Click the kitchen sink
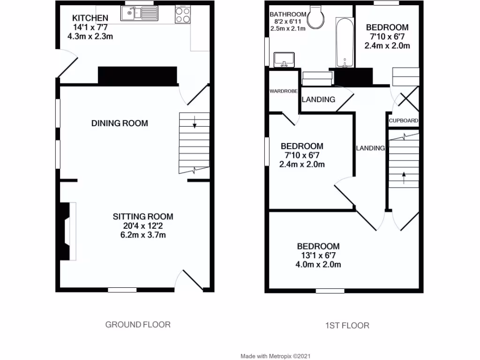[x=134, y=14]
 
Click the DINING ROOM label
[x=120, y=123]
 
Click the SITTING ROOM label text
[x=143, y=217]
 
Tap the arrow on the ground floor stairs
[x=194, y=124]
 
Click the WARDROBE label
[x=284, y=91]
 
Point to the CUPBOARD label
[x=403, y=121]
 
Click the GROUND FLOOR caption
[x=137, y=324]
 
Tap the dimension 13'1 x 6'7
[x=318, y=255]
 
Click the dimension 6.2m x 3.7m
[x=143, y=234]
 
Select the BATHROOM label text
[x=288, y=14]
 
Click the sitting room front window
[x=122, y=290]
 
